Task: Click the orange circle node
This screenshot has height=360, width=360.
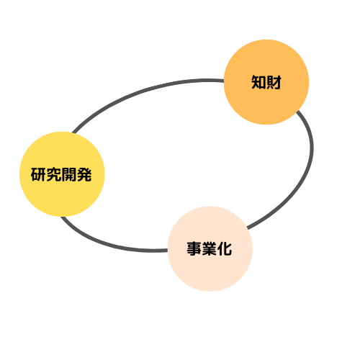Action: [266, 82]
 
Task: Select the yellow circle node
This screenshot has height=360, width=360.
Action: [62, 174]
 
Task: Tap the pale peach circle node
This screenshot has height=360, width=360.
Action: [210, 249]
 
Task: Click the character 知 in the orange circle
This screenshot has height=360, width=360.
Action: [258, 82]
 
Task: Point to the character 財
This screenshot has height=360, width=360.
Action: [274, 82]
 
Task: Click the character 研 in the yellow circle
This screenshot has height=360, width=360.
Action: [38, 174]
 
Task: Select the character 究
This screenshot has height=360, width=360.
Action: [54, 174]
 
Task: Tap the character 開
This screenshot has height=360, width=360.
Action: [69, 174]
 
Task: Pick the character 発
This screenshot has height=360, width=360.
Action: [84, 174]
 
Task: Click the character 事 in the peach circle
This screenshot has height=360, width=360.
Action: [194, 249]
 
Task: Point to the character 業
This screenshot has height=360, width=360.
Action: [210, 249]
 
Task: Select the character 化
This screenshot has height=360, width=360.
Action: [225, 249]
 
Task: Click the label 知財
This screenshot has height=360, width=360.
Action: [266, 82]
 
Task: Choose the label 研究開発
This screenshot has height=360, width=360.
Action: [61, 174]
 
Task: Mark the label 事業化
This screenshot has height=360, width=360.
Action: [210, 249]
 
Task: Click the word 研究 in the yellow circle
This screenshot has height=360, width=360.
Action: [46, 174]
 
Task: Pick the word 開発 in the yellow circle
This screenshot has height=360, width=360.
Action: [76, 174]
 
